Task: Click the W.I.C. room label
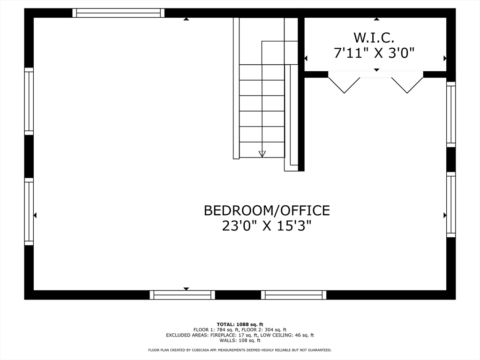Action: (374, 37)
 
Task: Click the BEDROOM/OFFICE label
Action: (267, 210)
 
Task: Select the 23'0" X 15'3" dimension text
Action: (267, 226)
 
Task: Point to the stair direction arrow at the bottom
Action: (262, 153)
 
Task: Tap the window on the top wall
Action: (119, 13)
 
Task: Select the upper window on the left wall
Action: (29, 101)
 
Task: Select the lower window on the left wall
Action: (29, 211)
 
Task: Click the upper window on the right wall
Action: (451, 114)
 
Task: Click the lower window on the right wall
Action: (451, 204)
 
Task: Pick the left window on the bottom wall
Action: (182, 295)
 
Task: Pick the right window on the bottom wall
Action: (294, 295)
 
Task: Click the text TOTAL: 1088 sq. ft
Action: (240, 324)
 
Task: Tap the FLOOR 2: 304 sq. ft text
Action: (267, 330)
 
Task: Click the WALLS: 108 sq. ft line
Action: (240, 341)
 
